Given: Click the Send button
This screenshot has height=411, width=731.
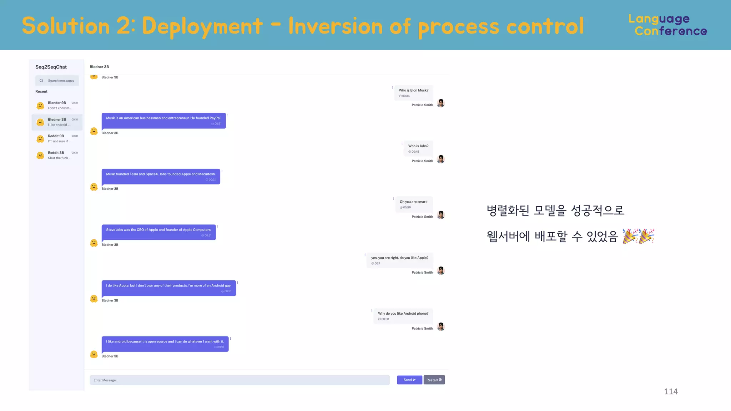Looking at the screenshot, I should (x=409, y=380).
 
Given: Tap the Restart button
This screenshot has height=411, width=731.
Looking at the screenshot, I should (x=434, y=380).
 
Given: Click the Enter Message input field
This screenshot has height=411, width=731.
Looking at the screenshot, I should (x=240, y=380).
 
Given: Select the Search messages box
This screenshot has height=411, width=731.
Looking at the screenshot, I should (x=57, y=81).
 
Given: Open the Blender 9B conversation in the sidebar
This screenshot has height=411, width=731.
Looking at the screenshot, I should (x=57, y=105).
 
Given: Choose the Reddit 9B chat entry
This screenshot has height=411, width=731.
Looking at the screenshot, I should (x=57, y=138).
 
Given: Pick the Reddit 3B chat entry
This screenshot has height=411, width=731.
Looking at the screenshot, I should (x=57, y=155).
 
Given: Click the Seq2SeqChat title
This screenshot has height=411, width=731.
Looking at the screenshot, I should (x=51, y=67).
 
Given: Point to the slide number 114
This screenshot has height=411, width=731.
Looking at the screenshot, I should (x=671, y=391).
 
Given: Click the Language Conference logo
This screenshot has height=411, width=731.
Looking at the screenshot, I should (x=667, y=25).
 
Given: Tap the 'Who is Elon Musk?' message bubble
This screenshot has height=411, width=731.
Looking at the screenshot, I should (x=413, y=93).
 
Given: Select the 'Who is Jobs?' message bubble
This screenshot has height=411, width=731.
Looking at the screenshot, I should (x=418, y=148).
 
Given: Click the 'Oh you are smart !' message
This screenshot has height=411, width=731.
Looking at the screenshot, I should (x=414, y=204).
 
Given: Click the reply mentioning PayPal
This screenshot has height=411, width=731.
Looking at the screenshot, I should (x=163, y=121).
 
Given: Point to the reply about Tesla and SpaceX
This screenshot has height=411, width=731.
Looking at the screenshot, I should (x=161, y=177).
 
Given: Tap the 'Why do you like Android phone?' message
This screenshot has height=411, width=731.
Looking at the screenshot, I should (x=403, y=316).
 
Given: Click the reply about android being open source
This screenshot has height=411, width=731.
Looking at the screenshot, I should (x=165, y=344).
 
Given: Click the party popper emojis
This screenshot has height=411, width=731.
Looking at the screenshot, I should (x=638, y=236).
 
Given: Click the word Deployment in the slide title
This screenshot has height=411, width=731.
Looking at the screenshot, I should (x=202, y=26).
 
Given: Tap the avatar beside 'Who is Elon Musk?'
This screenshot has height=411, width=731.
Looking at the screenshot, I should (x=441, y=103).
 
